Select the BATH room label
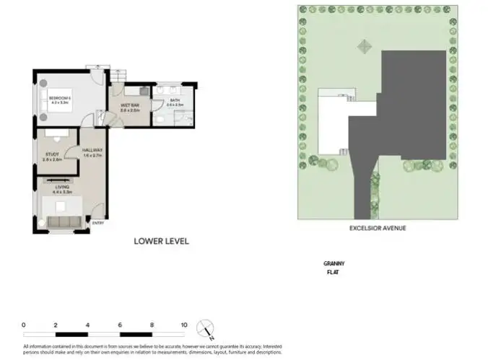(x=175, y=102)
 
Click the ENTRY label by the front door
(x=98, y=223)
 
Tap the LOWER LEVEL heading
(x=162, y=242)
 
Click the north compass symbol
(x=206, y=329)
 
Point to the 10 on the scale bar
(x=185, y=325)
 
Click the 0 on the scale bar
(x=24, y=325)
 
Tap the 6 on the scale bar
(x=120, y=325)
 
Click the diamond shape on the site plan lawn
(x=363, y=45)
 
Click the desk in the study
(x=55, y=133)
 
